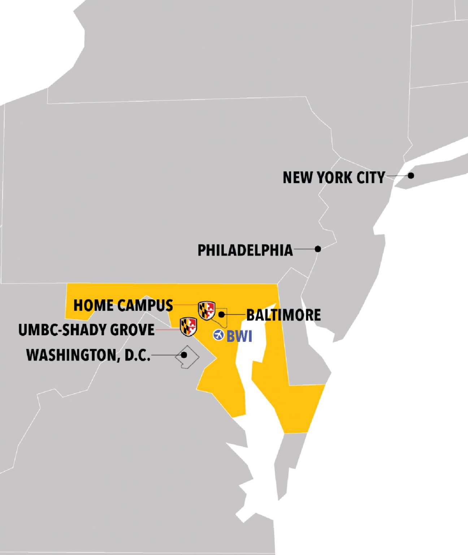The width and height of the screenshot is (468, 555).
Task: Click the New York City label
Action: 333,178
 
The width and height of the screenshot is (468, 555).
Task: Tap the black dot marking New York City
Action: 411,176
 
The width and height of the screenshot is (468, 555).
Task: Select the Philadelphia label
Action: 245,250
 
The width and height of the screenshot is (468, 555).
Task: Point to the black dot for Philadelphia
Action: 318,249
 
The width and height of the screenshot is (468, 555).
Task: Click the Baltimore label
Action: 283,315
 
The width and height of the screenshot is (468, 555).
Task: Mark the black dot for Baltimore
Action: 222,314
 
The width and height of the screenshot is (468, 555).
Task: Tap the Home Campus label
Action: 123,305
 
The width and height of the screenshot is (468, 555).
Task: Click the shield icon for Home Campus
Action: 207,310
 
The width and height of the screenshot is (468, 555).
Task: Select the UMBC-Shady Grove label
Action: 87,330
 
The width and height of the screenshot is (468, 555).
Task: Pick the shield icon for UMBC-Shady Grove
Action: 188,327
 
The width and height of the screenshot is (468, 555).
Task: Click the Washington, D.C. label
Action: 88,355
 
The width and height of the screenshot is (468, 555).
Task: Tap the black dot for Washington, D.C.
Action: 184,355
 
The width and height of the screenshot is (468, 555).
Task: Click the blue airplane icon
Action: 218,335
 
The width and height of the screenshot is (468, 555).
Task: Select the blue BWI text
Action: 239,336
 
